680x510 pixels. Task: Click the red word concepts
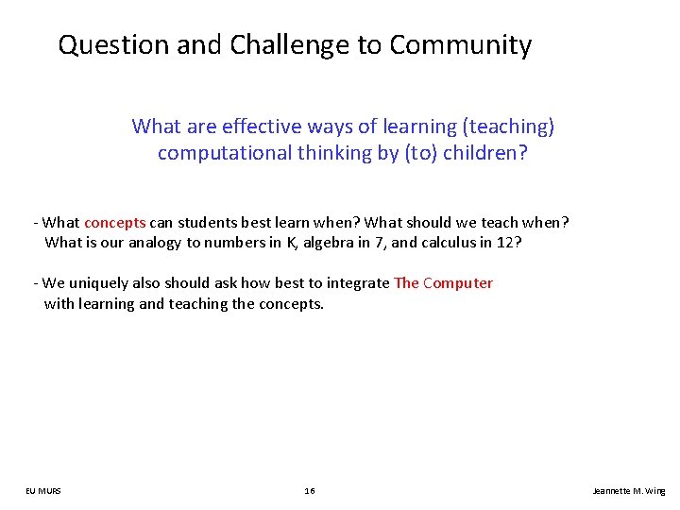[115, 223]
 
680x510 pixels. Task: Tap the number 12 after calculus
[507, 242]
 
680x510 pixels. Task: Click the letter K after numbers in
[291, 242]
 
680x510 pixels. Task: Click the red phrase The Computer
[443, 283]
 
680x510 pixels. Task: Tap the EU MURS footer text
[43, 491]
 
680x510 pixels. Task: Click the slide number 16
[310, 491]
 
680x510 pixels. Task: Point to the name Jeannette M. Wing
[628, 491]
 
